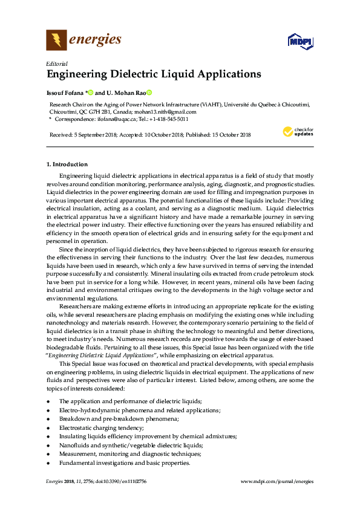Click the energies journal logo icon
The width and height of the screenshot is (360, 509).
56,41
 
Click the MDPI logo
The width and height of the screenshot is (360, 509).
299,42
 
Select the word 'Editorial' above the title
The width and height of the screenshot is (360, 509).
56,63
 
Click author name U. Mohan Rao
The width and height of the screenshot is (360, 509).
125,93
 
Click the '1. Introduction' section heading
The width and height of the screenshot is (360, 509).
67,164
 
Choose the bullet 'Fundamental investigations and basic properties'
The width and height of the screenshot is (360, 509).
124,462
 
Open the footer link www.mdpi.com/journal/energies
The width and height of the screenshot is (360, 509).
277,481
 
